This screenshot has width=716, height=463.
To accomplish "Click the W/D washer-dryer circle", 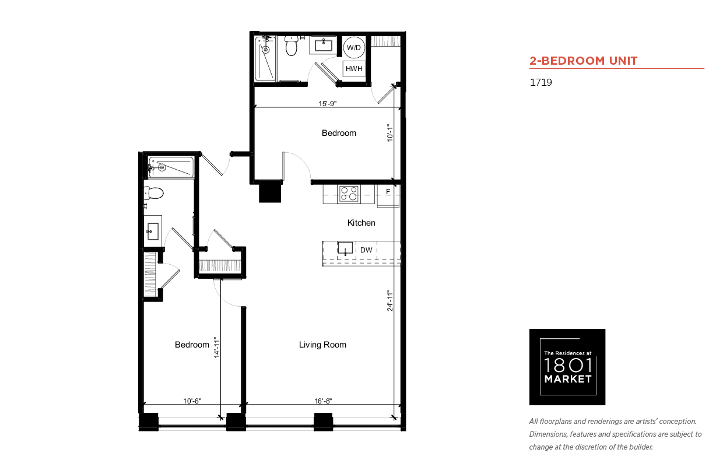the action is pyautogui.click(x=354, y=48).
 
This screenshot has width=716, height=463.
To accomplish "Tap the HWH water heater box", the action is pyautogui.click(x=354, y=69).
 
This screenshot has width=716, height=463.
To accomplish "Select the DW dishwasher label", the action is pyautogui.click(x=366, y=250).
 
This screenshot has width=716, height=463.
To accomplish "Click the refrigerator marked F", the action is pyautogui.click(x=388, y=196).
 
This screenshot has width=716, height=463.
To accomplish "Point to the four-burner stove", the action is pyautogui.click(x=349, y=194).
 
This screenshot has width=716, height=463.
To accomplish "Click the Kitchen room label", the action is pyautogui.click(x=361, y=223).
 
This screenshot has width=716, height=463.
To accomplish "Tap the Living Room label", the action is pyautogui.click(x=322, y=345).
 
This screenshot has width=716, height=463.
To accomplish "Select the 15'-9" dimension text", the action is pyautogui.click(x=327, y=104).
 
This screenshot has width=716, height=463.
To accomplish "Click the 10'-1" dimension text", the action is pyautogui.click(x=389, y=133).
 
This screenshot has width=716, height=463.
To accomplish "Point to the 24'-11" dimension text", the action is pyautogui.click(x=389, y=300).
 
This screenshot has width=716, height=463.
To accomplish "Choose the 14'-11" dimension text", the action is pyautogui.click(x=217, y=348).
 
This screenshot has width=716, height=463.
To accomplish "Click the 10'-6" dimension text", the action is pyautogui.click(x=192, y=401).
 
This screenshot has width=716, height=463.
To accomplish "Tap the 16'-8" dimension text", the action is pyautogui.click(x=323, y=401).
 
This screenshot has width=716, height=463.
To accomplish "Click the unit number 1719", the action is pyautogui.click(x=541, y=82).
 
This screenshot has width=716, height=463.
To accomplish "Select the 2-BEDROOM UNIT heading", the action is pyautogui.click(x=583, y=61).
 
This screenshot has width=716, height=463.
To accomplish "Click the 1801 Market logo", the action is pyautogui.click(x=567, y=367).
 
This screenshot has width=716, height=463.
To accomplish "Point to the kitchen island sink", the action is pyautogui.click(x=345, y=248).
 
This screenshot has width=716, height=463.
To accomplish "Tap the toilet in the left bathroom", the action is pyautogui.click(x=154, y=193).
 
